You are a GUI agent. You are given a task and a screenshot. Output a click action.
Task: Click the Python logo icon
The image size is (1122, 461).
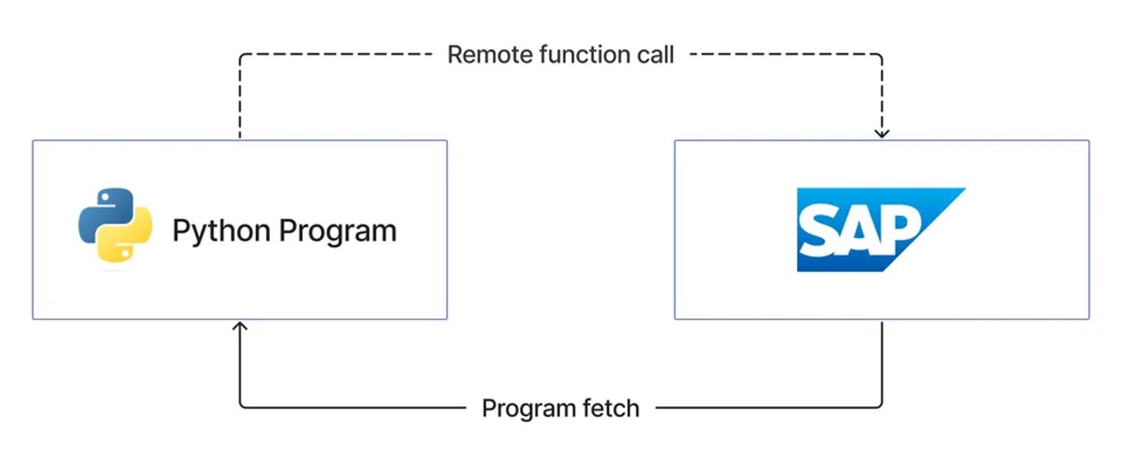115,225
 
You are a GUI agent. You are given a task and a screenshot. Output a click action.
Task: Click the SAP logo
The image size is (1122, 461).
881,230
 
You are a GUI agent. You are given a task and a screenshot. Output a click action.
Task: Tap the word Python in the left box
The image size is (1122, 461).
222,231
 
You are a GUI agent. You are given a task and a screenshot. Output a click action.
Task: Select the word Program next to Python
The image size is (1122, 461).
337,231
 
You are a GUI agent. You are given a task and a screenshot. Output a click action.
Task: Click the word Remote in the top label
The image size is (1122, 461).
490,55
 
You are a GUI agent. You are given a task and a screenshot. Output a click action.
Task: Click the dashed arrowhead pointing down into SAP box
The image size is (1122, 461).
882,133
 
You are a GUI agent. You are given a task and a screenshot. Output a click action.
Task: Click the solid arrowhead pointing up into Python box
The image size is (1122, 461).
240,326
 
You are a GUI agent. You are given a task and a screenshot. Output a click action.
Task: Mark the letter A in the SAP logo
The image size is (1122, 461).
859,231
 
